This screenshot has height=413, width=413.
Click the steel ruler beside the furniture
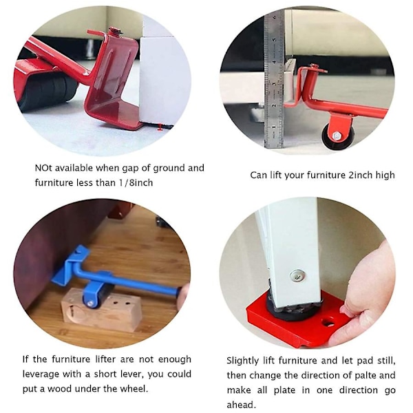274,79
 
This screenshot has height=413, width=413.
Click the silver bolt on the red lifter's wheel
337,136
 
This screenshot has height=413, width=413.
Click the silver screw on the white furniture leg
297,275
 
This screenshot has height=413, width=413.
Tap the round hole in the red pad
328,322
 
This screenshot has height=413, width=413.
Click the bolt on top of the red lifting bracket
115,30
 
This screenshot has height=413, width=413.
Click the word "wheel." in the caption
134,388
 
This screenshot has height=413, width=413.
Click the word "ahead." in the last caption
242,404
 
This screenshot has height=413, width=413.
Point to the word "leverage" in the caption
41,374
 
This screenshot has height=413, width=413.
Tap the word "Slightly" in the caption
242,361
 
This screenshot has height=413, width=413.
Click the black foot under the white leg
293,308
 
